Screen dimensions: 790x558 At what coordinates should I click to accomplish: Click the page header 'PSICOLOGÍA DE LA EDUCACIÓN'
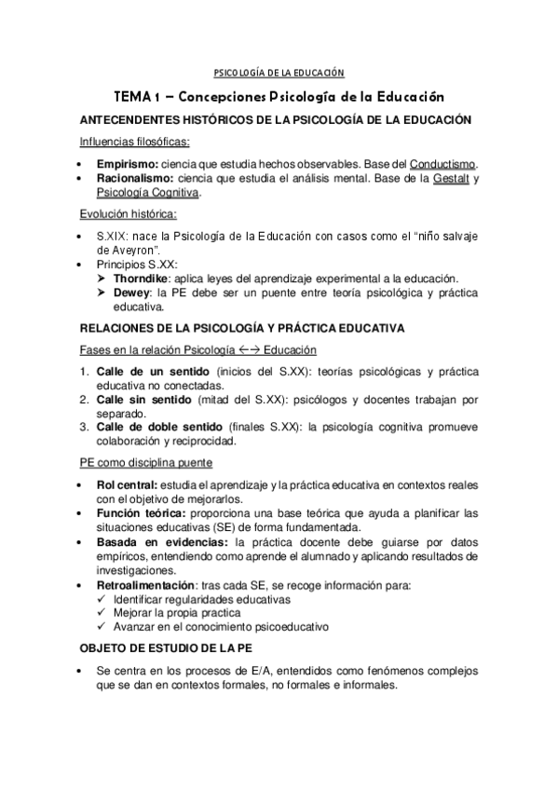click(279, 73)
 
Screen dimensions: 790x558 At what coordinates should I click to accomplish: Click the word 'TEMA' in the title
click(132, 96)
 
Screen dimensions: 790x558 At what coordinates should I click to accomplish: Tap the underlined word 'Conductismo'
click(443, 162)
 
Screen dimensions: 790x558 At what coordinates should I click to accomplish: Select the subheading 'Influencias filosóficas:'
click(134, 142)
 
